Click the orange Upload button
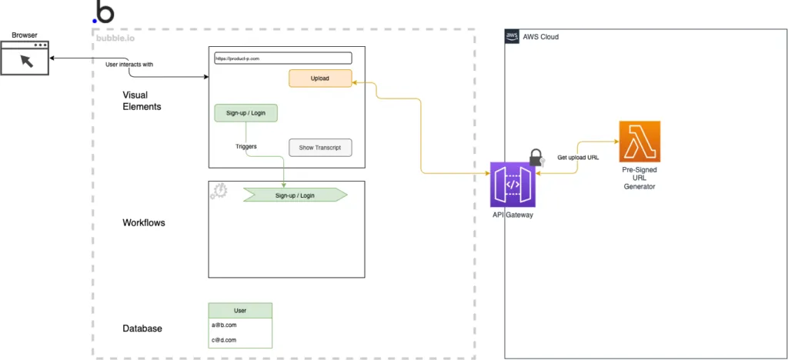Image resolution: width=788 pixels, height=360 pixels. click(x=320, y=78)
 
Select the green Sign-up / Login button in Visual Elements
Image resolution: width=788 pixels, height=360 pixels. click(x=245, y=113)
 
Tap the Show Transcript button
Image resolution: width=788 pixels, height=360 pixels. click(x=319, y=147)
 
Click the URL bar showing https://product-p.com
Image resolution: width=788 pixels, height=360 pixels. click(x=280, y=58)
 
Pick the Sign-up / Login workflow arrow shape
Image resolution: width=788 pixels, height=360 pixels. click(x=295, y=195)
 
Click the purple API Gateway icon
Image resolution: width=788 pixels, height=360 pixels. click(x=513, y=185)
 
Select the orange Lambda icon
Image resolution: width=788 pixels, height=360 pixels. click(x=639, y=142)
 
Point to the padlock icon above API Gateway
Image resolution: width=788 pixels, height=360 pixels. click(x=536, y=158)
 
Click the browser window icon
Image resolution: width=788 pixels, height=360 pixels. click(x=25, y=58)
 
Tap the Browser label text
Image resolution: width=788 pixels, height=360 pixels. click(x=25, y=35)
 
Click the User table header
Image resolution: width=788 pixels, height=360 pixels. click(x=240, y=310)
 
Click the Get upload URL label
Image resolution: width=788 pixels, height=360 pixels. click(x=579, y=158)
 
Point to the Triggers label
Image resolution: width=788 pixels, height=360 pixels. click(x=246, y=146)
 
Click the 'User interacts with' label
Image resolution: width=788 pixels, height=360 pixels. click(x=129, y=65)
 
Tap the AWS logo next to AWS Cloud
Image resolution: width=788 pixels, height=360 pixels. click(x=513, y=37)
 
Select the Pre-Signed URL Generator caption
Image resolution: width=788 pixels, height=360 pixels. click(x=639, y=177)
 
